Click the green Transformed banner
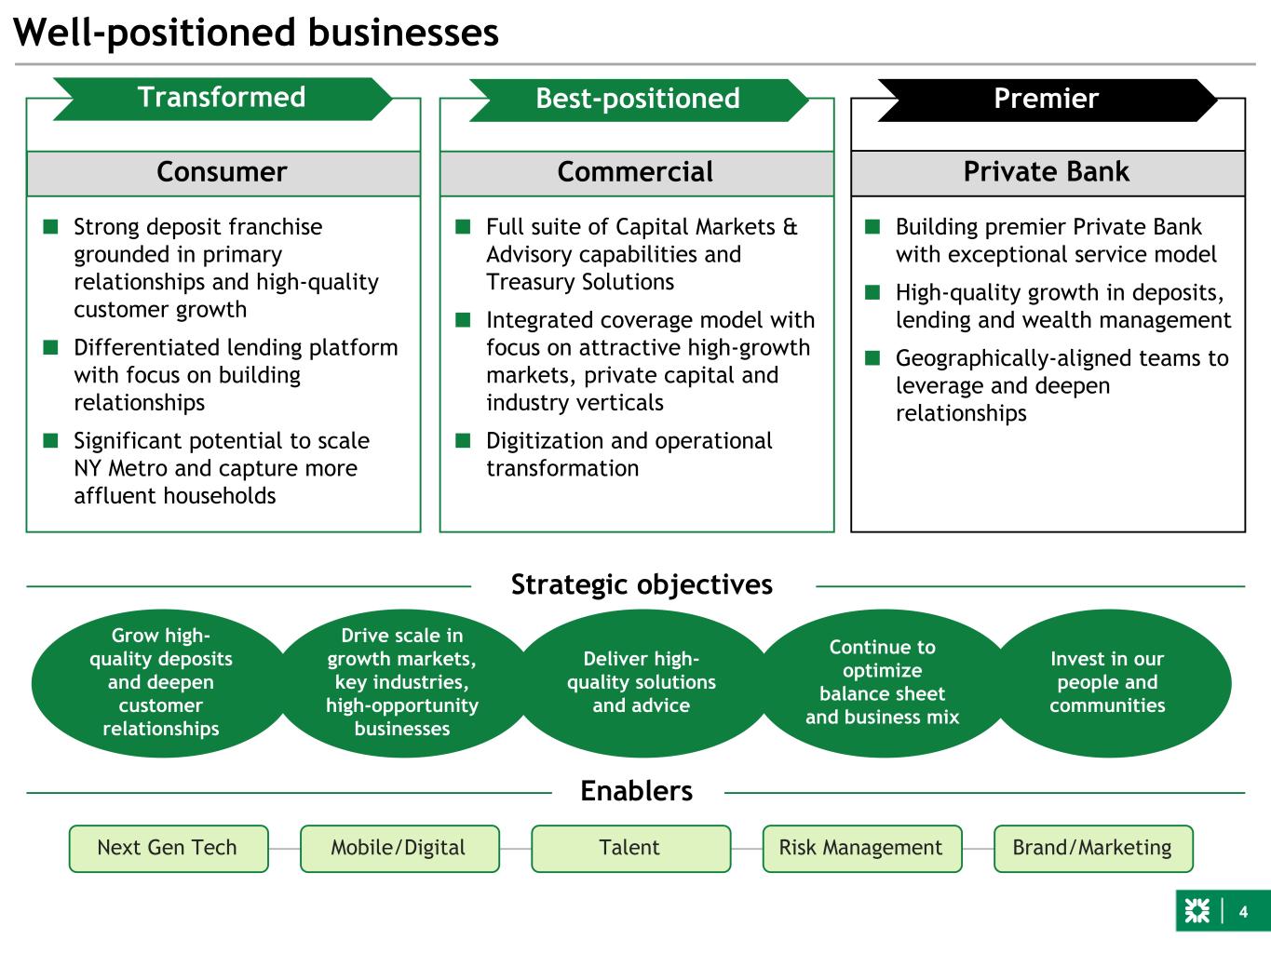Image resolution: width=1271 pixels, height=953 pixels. coord(222,98)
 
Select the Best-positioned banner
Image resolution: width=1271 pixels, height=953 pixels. coord(638,99)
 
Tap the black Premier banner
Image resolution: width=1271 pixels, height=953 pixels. coord(1047,99)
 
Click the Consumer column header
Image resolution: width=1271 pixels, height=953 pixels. coord(223,172)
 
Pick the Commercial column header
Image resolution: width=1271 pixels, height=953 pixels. coord(636,172)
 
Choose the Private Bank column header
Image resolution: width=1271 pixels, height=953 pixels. coord(1047,172)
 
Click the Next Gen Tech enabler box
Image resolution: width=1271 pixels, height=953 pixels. coord(168,848)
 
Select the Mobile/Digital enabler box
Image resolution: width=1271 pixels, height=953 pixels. coord(399,848)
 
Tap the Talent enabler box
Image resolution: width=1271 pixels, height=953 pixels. coord(630,848)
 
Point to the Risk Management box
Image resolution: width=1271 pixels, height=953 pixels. coord(861,848)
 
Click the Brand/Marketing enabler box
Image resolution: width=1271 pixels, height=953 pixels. coord(1092,848)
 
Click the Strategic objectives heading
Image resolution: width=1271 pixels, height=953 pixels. coord(642,584)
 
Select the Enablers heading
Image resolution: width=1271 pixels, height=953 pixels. coord(637,791)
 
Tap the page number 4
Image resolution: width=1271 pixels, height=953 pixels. coord(1243,912)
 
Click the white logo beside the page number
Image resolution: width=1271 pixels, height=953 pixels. coord(1197,912)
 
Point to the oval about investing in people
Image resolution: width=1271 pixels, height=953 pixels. coord(1107,682)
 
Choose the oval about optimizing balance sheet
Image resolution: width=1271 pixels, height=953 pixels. coord(882,682)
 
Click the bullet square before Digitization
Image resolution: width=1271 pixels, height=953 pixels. coord(463,440)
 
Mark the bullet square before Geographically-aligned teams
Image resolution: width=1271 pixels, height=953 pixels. coord(872,357)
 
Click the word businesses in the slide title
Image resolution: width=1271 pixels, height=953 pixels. coord(403,33)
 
